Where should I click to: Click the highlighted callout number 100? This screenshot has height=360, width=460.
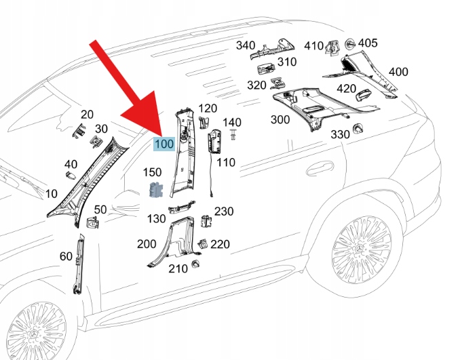(164, 144)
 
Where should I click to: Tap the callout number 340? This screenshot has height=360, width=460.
(245, 45)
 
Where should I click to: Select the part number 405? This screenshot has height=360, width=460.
(367, 43)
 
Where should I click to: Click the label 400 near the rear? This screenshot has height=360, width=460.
(398, 72)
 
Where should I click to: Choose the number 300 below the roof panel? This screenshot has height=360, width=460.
(280, 120)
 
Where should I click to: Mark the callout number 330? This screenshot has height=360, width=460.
(340, 134)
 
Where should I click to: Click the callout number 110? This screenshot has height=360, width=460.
(226, 163)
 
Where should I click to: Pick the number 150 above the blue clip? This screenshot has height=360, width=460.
(152, 173)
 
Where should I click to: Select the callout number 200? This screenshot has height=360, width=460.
(146, 244)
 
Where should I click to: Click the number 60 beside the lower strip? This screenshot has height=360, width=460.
(66, 256)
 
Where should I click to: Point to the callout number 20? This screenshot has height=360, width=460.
(87, 115)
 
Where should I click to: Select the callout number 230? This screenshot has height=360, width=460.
(224, 212)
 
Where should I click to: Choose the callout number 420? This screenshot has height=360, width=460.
(346, 89)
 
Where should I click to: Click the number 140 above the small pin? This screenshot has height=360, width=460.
(232, 122)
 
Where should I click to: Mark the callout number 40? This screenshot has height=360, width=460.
(71, 165)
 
